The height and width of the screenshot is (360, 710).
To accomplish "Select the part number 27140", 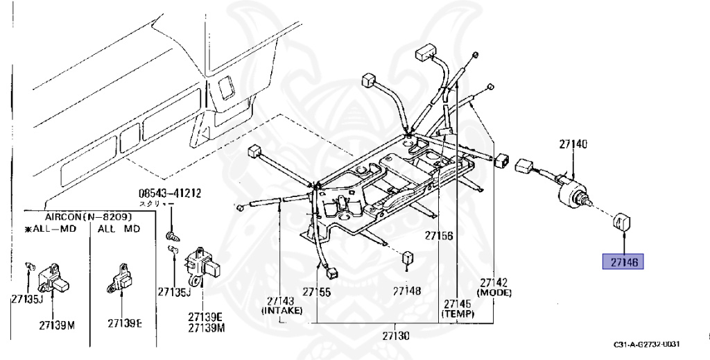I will coord(573,145).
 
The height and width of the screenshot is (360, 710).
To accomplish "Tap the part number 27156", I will coord(440,236).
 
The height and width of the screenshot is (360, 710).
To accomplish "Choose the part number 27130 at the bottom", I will coord(395,336).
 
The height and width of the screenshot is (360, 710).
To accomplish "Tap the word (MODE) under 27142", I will coord(494,293).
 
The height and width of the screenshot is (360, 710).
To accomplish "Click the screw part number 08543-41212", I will coord(166,194).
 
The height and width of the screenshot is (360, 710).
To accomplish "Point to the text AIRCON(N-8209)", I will coord(88,217).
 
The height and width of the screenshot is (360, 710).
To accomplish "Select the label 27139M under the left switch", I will coord(57,324).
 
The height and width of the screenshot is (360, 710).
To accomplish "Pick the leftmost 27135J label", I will coord(27,300).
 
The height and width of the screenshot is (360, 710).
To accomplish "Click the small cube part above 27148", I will coord(408,257).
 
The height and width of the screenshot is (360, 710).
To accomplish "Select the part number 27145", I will coord(458,303).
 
